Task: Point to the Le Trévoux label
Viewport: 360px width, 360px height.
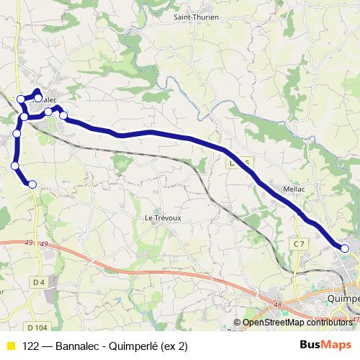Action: (161, 217)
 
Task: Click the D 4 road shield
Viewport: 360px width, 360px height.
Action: (39, 281)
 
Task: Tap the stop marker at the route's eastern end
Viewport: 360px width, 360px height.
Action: (345, 248)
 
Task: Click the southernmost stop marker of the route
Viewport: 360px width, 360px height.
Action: (32, 184)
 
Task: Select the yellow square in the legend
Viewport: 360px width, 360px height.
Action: (10, 346)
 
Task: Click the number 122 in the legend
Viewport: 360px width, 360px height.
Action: (31, 346)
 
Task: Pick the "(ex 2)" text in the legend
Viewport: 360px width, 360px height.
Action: (172, 346)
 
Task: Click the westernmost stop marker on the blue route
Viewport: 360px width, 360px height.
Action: (14, 166)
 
